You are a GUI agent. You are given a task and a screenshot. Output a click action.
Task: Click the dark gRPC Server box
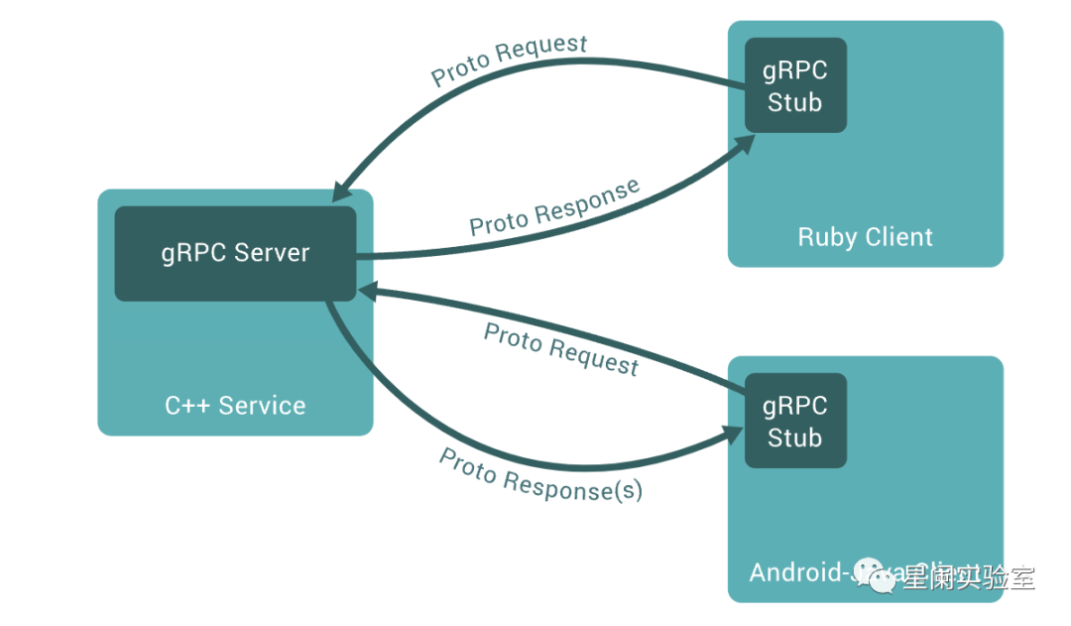235,253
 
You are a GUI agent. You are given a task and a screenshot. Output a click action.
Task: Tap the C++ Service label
235,405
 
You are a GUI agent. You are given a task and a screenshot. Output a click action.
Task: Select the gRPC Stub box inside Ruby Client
795,86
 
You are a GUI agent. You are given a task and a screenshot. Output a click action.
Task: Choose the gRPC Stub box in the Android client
795,421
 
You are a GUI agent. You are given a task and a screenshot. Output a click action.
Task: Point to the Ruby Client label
866,237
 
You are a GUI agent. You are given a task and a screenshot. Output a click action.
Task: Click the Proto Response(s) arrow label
540,474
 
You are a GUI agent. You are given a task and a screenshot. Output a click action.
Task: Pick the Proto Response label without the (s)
554,208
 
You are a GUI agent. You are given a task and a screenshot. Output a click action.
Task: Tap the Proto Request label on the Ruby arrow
510,60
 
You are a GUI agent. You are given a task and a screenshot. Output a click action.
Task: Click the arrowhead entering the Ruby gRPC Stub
742,144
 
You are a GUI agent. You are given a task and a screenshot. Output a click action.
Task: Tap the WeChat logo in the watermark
877,574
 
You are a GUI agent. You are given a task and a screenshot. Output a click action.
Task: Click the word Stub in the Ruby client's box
795,102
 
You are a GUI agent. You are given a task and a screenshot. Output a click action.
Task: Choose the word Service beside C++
262,405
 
